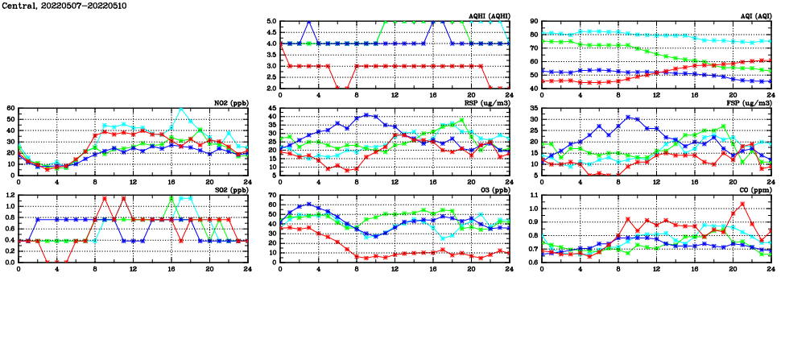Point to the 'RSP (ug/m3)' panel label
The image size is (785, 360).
click(x=487, y=103)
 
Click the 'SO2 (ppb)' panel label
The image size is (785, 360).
click(x=232, y=190)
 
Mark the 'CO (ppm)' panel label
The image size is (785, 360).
click(x=754, y=190)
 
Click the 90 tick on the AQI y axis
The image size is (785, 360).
click(x=533, y=22)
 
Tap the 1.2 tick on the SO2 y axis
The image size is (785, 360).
click(x=10, y=195)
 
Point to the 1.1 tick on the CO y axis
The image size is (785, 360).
click(x=533, y=195)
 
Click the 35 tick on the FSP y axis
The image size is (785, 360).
click(x=533, y=108)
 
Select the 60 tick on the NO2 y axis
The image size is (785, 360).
click(x=10, y=108)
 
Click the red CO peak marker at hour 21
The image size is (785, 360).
click(x=742, y=204)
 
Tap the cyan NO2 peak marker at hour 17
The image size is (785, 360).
click(x=181, y=110)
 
